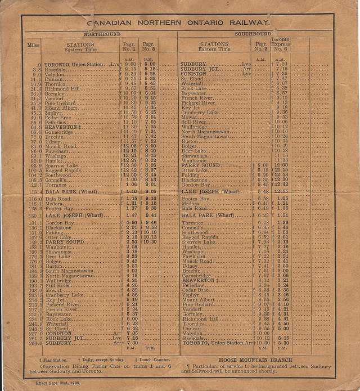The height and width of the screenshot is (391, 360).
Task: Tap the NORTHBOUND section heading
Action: pyautogui.click(x=98, y=34)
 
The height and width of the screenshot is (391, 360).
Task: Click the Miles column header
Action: pyautogui.click(x=33, y=44)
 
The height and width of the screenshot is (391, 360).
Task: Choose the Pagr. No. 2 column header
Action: pyautogui.click(x=260, y=46)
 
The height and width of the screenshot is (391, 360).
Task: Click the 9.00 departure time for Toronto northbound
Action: pyautogui.click(x=130, y=65)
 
